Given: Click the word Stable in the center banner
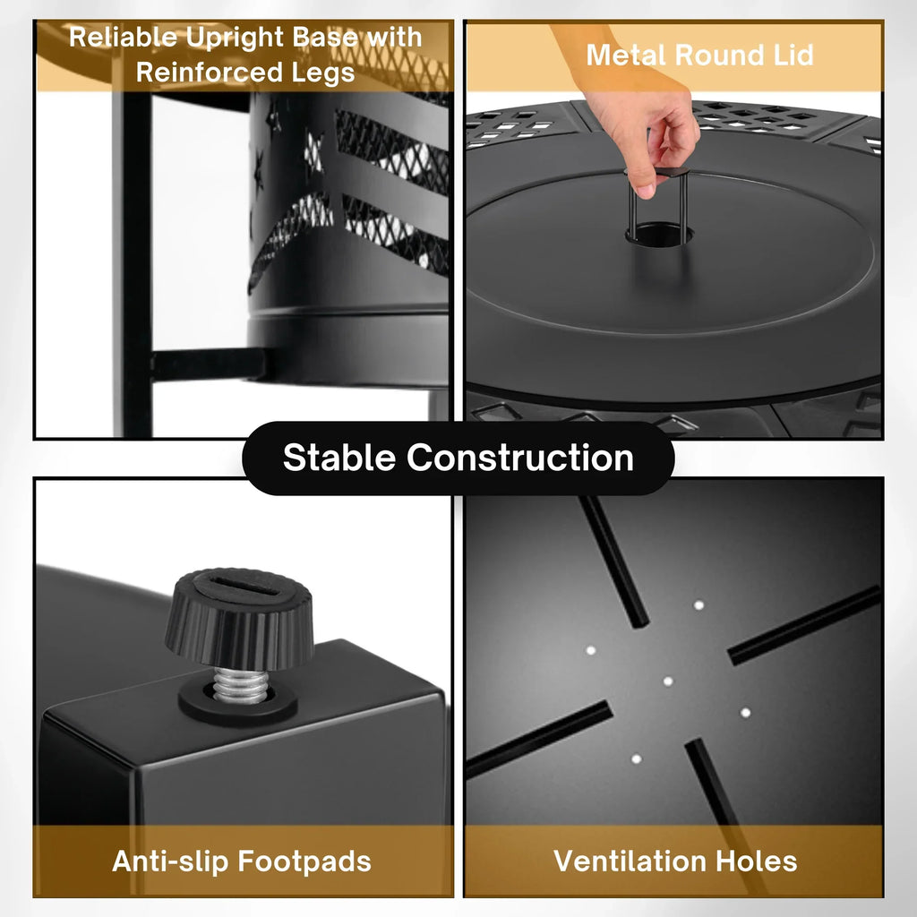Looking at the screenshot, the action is coord(339,458).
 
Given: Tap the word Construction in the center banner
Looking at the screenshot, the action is coord(520,458).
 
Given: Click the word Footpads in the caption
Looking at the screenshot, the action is coord(304,861).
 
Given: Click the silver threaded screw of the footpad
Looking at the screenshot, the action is coord(240,685).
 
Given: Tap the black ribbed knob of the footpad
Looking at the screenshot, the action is coord(239,618).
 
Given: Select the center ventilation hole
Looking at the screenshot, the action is coord(668,681).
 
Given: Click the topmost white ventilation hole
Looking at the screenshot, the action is coord(698,605).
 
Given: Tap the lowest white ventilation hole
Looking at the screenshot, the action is coord(637,759).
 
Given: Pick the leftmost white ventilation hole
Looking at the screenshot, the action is coord(591,650).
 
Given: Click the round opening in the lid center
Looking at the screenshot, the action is coord(660,234).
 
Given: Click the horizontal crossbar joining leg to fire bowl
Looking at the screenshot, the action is coord(208,364).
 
